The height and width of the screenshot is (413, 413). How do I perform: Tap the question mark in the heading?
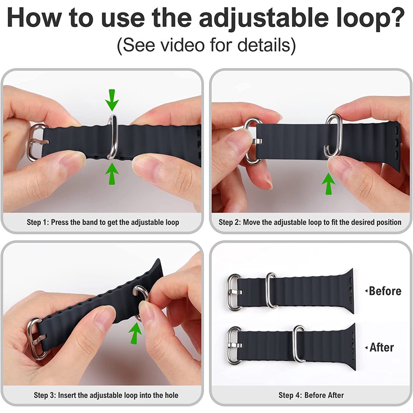(396, 17)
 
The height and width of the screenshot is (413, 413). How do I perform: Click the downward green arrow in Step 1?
(112, 100)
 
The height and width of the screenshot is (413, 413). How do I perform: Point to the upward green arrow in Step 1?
(112, 173)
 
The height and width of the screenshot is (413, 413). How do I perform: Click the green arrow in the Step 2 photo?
(328, 184)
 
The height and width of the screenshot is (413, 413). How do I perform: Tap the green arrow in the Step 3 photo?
(135, 333)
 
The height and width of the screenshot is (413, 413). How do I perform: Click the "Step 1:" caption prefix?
(38, 222)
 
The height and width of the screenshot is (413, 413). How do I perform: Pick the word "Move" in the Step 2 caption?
(252, 222)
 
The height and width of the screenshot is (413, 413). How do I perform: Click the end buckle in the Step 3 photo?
(31, 340)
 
